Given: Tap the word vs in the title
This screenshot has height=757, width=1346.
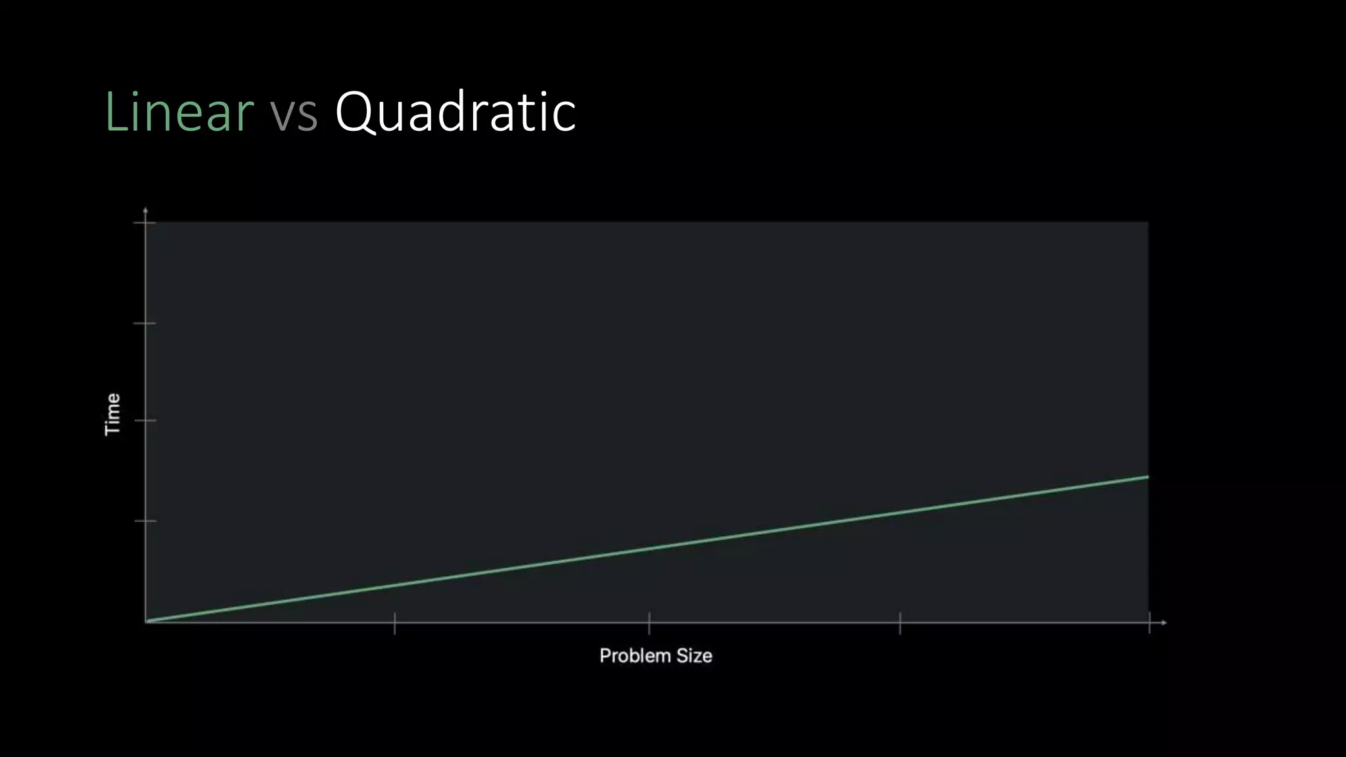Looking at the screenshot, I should click(x=294, y=113).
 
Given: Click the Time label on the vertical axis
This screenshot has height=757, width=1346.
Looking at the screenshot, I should click(x=113, y=414).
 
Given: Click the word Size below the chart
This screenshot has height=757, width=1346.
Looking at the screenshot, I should click(x=694, y=656).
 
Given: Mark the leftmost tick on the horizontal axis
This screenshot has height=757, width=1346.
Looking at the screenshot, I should click(x=394, y=622).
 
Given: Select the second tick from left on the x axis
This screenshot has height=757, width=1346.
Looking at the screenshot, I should click(x=649, y=622).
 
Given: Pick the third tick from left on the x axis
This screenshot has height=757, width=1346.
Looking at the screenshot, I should click(x=900, y=622).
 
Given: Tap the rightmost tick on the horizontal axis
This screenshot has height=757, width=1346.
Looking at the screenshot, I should click(x=1149, y=622).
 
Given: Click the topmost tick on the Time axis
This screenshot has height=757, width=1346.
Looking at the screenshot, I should click(x=145, y=223).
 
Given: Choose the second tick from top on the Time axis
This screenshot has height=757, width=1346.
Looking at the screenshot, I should click(x=145, y=323).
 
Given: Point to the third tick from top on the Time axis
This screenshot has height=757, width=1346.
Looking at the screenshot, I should click(x=145, y=421).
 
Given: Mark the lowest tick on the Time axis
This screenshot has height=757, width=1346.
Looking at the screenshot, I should click(x=145, y=521).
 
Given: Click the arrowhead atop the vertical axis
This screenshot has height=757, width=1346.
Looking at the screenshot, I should click(x=145, y=210).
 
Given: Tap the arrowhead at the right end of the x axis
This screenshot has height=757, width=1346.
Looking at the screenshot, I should click(x=1164, y=622).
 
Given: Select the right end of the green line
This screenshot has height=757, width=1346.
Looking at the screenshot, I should click(x=1148, y=476).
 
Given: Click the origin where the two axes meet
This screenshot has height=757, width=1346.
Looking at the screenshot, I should click(x=146, y=622).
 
